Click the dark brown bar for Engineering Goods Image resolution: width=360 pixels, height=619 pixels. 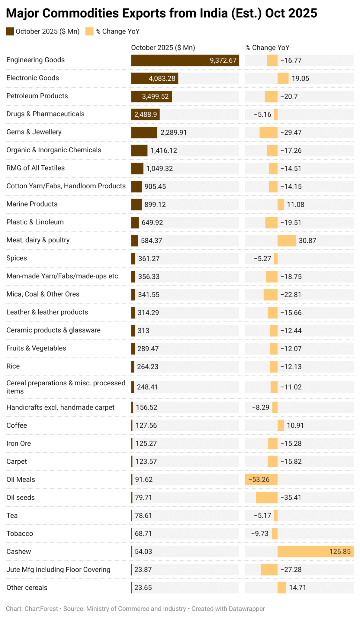tap(169, 60)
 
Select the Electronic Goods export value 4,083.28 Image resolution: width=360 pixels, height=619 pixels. tap(162, 79)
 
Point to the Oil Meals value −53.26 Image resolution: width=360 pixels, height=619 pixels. tap(259, 480)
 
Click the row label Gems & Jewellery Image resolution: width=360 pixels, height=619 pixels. tap(34, 132)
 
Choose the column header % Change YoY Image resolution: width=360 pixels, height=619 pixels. tap(267, 48)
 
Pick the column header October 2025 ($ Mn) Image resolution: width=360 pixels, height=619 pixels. tap(163, 48)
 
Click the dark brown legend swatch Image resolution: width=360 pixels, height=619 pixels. tap(10, 31)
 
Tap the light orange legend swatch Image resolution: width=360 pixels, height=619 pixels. tap(89, 31)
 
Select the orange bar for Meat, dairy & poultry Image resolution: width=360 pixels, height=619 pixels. tap(287, 241)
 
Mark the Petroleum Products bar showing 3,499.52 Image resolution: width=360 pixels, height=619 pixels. tap(151, 96)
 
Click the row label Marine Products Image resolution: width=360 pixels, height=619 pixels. tap(32, 204)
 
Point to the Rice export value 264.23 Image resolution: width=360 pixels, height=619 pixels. tap(148, 367)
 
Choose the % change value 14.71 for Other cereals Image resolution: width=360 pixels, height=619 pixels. tap(297, 588)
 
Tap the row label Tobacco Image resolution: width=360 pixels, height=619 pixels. tap(20, 533)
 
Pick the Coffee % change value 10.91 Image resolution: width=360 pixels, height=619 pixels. tap(295, 426)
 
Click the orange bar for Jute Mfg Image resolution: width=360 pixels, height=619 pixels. tap(269, 570)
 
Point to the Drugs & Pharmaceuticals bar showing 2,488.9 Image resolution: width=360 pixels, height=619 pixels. tap(145, 115)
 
